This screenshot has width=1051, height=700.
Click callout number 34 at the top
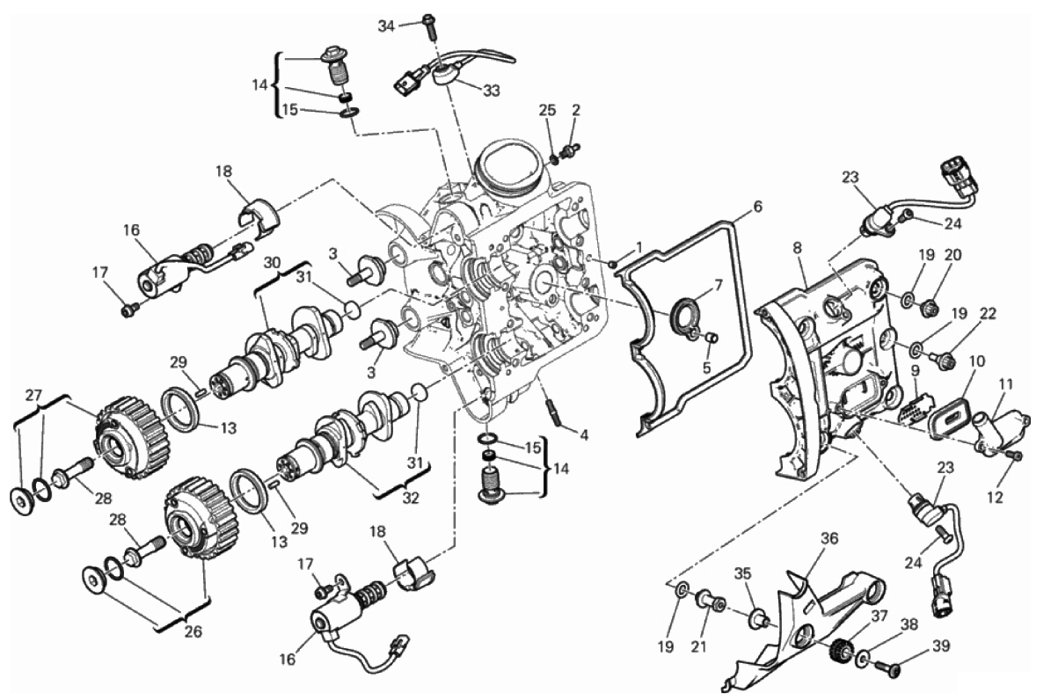(x=386, y=26)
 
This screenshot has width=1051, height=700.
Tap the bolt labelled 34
(x=430, y=26)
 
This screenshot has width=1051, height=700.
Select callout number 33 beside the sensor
(x=492, y=91)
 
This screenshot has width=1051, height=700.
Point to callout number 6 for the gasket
(x=757, y=207)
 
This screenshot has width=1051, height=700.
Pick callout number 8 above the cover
(x=797, y=247)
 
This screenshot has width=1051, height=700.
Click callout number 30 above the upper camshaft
(x=272, y=262)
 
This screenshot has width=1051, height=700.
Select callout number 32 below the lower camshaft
(x=410, y=499)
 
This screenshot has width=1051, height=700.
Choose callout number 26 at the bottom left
(x=193, y=631)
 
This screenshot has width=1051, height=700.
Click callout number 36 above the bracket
(x=830, y=538)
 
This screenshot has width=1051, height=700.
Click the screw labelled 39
(x=883, y=667)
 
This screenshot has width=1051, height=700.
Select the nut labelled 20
(x=928, y=308)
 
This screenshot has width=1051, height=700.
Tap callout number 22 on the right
(x=988, y=313)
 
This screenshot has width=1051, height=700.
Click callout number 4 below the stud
(x=584, y=435)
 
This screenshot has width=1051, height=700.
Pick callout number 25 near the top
(x=548, y=110)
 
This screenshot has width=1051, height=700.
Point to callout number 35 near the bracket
(x=742, y=574)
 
